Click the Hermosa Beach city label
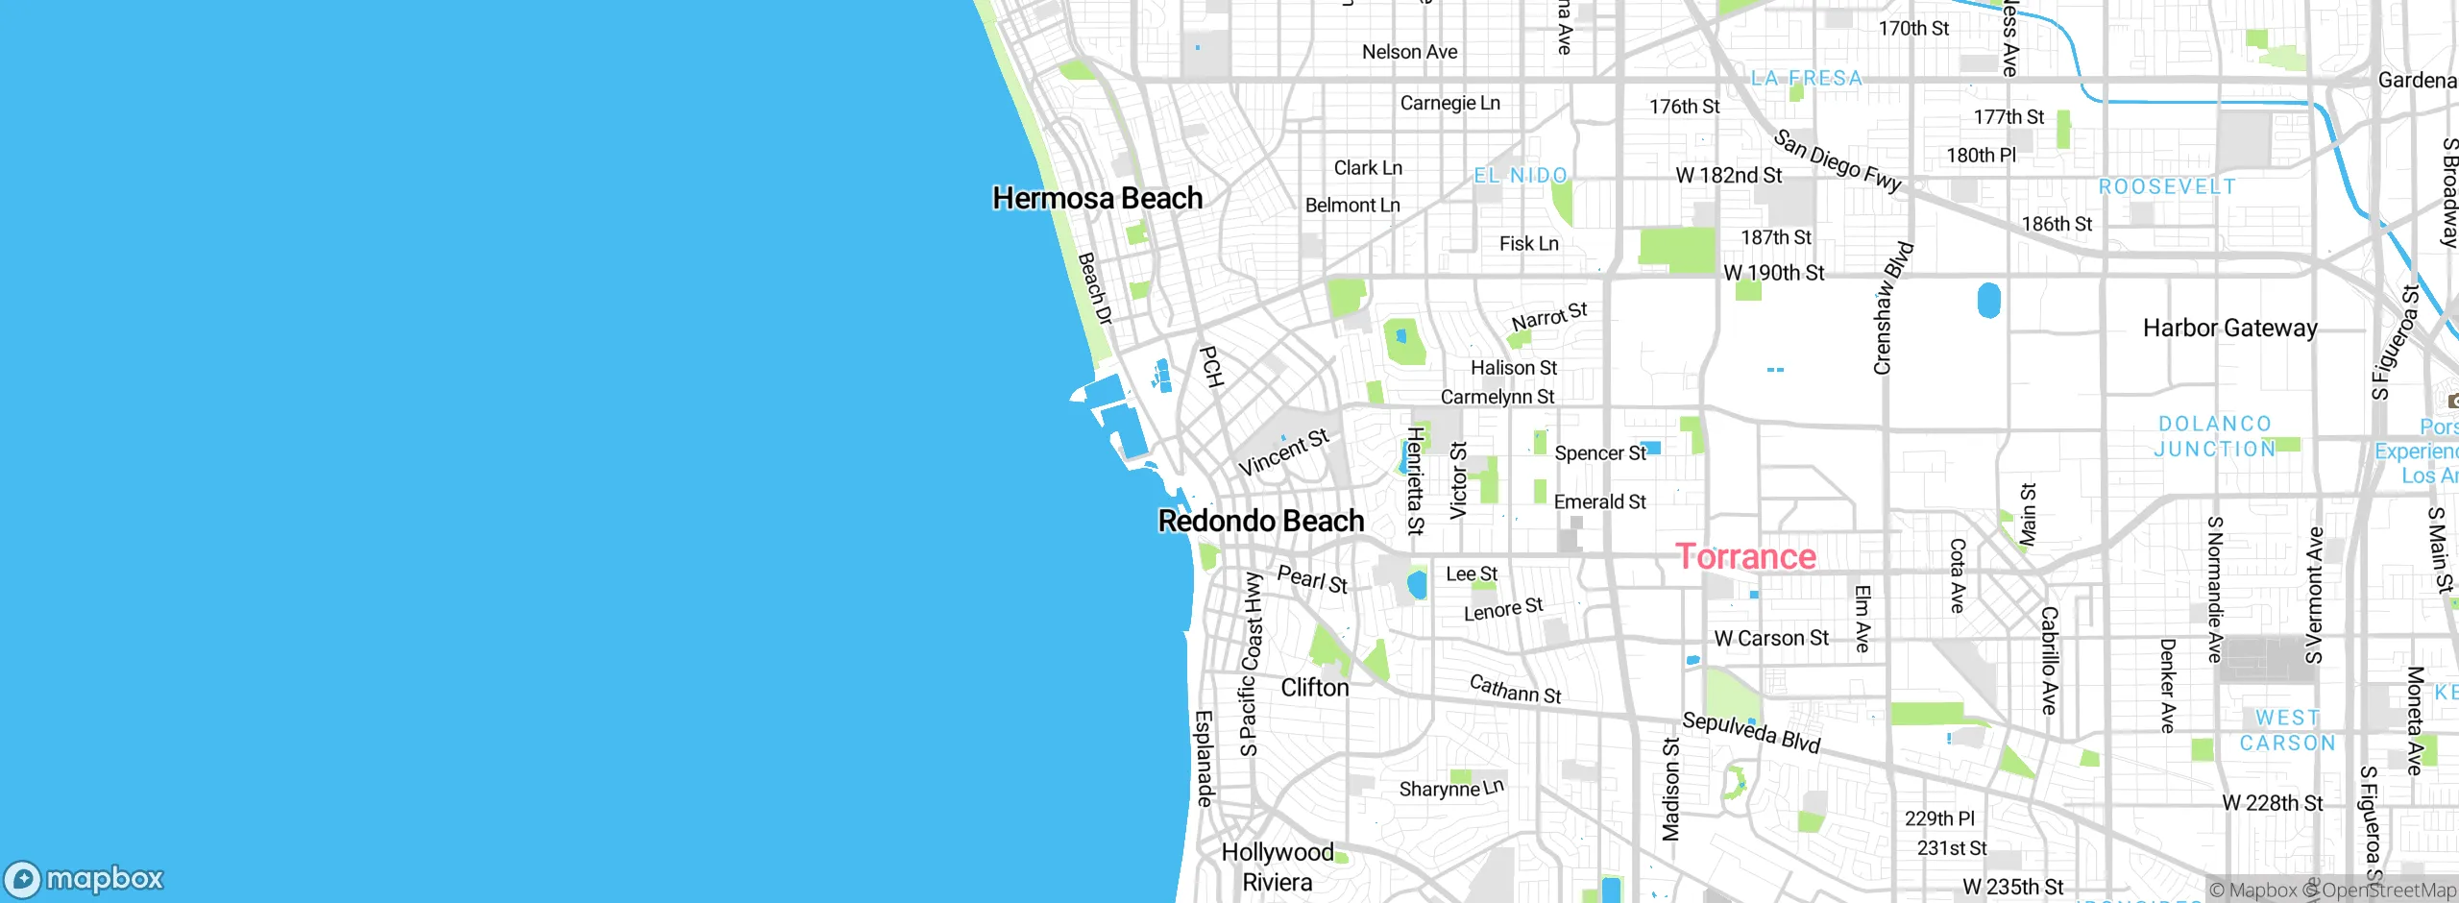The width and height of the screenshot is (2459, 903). click(x=1097, y=198)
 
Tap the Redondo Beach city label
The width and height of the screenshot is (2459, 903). click(x=1260, y=521)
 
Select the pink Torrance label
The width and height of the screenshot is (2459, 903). click(x=1745, y=556)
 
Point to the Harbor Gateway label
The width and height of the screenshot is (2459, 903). click(x=2229, y=329)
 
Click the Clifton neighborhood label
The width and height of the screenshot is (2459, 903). click(x=1314, y=688)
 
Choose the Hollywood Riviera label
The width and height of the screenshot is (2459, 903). click(x=1277, y=866)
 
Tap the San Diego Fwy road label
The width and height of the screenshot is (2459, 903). click(x=1837, y=161)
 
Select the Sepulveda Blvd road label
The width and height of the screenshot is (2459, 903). click(x=1750, y=733)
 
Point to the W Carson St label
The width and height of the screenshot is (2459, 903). click(x=1771, y=638)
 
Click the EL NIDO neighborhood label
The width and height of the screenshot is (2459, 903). click(x=1521, y=176)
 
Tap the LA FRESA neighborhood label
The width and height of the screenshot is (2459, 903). click(x=1806, y=79)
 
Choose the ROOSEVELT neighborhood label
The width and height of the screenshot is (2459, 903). click(x=2167, y=186)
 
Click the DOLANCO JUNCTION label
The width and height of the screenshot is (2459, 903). click(x=2214, y=436)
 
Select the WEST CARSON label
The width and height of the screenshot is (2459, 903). click(x=2287, y=730)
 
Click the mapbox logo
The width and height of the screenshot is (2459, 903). click(x=85, y=878)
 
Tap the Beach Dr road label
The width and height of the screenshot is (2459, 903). click(x=1094, y=289)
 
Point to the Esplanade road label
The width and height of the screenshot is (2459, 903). click(x=1205, y=758)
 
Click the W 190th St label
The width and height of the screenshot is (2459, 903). click(x=1773, y=273)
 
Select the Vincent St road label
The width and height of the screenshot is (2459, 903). click(x=1283, y=452)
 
